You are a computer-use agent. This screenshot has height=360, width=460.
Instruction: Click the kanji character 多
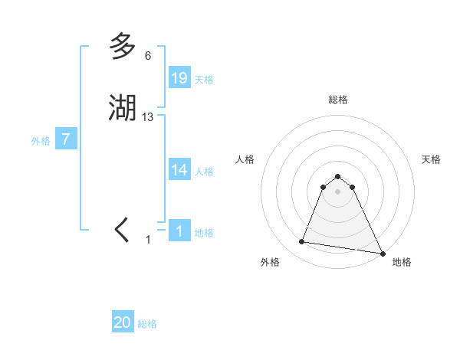pos(123,47)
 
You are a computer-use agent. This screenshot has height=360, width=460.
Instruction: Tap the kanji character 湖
pos(123,107)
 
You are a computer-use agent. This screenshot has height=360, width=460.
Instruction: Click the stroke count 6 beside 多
pos(148,56)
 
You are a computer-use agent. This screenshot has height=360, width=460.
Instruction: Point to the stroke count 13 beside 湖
pos(148,116)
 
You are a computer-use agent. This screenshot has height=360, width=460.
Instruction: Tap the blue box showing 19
pos(179,78)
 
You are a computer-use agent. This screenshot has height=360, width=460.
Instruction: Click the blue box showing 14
pos(179,170)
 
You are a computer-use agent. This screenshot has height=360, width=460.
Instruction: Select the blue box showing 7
pos(66,139)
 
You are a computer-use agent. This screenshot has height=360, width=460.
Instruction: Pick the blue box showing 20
pos(123,322)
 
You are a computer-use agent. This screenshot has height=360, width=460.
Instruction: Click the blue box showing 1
pos(179,231)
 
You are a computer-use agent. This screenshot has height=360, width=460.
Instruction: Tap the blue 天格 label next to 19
pos(204,80)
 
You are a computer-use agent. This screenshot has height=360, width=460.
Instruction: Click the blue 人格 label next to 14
pos(204,172)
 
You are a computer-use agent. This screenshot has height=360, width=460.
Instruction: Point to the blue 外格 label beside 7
pos(41,141)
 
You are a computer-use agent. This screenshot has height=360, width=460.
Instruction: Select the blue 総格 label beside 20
pos(147,324)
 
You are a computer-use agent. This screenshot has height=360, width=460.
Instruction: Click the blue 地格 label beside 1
pos(204,233)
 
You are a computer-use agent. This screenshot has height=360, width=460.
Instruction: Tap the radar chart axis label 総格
pos(338,100)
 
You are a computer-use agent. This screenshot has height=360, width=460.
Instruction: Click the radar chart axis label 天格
pos(431,159)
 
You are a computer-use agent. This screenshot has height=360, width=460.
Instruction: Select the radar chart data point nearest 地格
pos(383,252)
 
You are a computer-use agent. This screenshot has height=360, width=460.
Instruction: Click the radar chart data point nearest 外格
pos(302,242)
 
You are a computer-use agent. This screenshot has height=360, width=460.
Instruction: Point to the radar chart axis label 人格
pos(245,159)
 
